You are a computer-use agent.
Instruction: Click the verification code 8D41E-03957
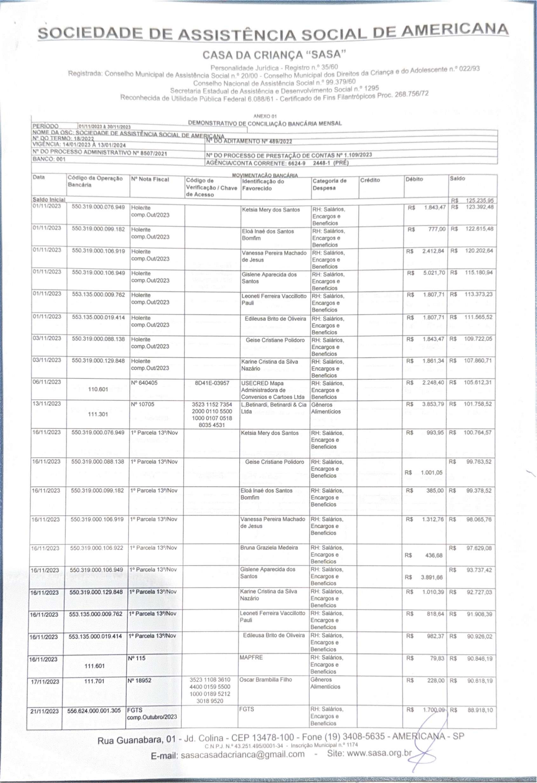coord(212,383)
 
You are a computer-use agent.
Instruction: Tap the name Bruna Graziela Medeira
coord(269,547)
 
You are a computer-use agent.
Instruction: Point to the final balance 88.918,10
coord(480,710)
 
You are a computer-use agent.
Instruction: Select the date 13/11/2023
coord(47,404)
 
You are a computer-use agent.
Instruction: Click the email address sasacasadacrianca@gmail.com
coord(242,754)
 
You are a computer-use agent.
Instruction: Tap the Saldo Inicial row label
coord(49,200)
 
